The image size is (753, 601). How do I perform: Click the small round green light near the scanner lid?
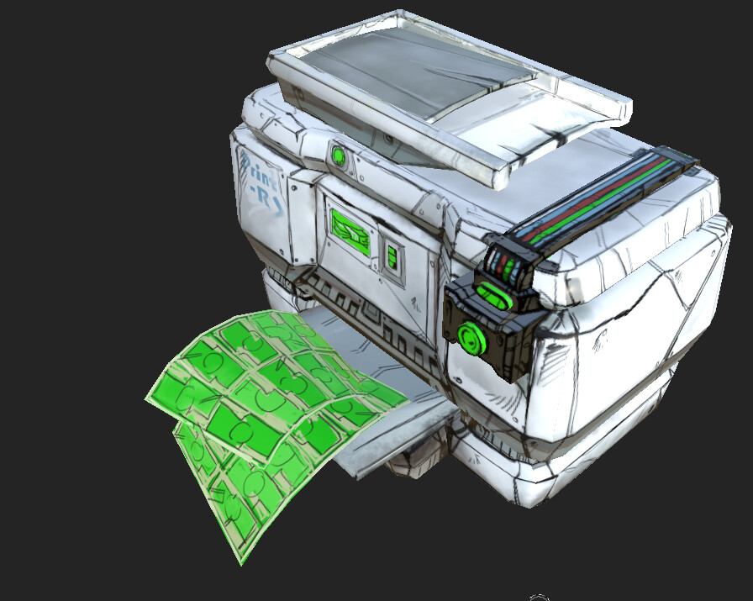click(x=339, y=156)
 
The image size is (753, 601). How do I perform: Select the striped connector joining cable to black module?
click(x=509, y=261)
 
